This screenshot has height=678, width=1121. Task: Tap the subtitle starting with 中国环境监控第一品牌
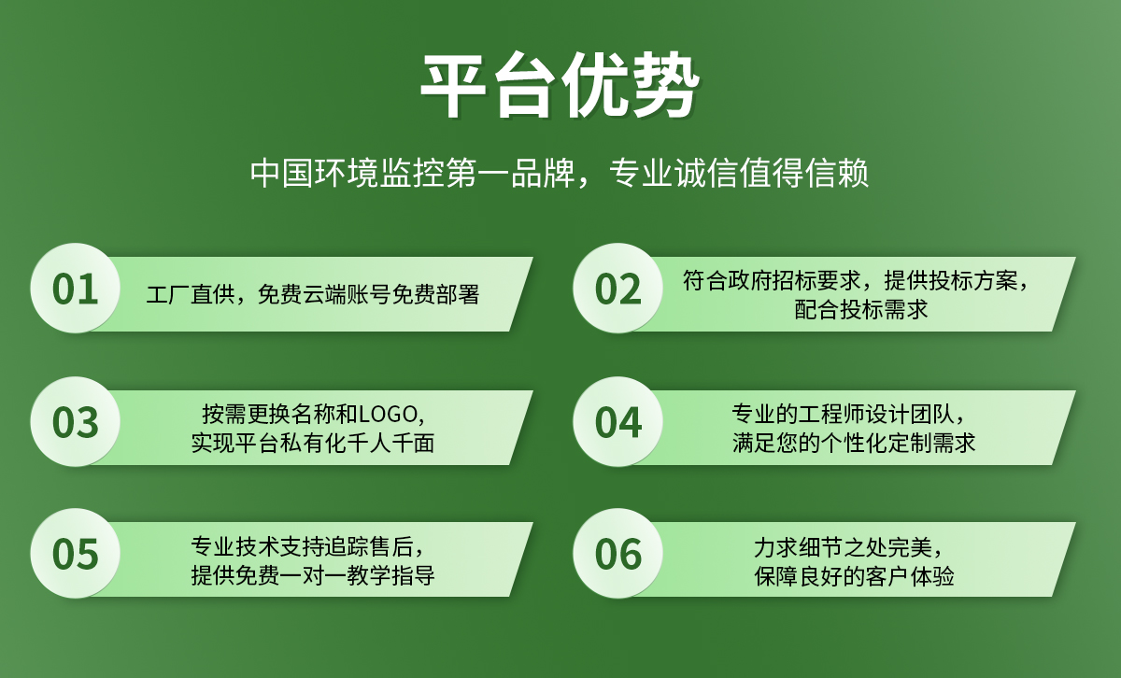click(x=560, y=174)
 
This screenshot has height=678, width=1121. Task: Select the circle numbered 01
click(x=76, y=289)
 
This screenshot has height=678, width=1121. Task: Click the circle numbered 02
click(x=617, y=289)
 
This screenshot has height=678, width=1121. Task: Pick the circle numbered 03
click(x=76, y=422)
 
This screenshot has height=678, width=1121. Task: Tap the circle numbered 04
click(x=617, y=422)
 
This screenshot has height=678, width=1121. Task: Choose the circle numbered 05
click(x=76, y=554)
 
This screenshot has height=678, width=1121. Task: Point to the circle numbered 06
click(x=617, y=554)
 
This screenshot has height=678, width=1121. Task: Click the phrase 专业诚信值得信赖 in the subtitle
click(x=738, y=174)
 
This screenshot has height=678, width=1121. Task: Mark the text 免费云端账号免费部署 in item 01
click(x=368, y=295)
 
